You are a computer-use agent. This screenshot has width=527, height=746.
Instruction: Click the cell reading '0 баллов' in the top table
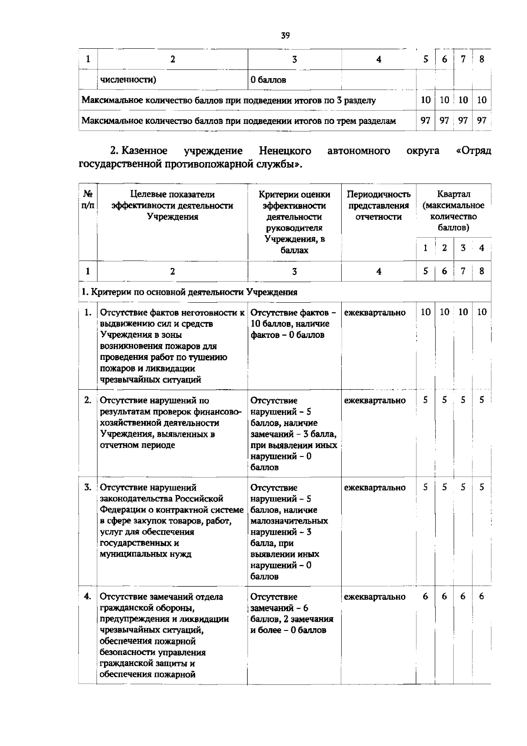click(x=268, y=80)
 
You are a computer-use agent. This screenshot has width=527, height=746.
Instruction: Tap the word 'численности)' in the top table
click(x=128, y=80)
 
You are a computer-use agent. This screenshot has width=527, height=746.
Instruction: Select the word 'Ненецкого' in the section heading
click(x=285, y=151)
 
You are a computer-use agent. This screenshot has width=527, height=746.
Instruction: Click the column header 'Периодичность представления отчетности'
click(x=379, y=206)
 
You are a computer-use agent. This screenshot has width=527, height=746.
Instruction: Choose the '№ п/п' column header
click(x=88, y=200)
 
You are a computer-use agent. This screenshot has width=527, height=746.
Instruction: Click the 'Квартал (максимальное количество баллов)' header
click(x=454, y=211)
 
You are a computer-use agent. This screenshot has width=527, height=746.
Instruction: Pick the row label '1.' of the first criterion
click(x=88, y=312)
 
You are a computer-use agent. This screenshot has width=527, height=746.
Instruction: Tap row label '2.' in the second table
click(x=88, y=400)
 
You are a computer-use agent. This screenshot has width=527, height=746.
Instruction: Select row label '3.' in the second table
click(x=88, y=487)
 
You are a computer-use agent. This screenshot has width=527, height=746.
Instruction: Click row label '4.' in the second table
click(x=88, y=597)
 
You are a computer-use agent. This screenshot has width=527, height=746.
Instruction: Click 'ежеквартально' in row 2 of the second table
click(x=375, y=400)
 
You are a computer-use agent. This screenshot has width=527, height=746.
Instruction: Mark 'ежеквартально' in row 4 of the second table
click(x=375, y=597)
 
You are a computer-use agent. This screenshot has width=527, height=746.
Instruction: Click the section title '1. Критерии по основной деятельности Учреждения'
click(x=189, y=292)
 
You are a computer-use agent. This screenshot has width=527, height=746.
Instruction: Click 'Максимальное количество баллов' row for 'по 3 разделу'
click(x=228, y=100)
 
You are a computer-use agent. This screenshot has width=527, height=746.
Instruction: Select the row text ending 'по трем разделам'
click(x=238, y=120)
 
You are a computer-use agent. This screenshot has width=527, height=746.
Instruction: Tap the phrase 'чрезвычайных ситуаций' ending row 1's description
click(x=151, y=380)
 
